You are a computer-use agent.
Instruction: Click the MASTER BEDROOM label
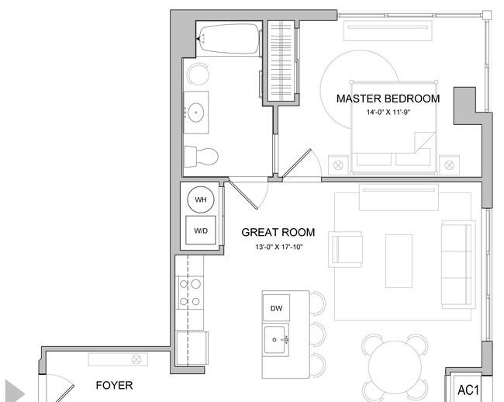[388, 99]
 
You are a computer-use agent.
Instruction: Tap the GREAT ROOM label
[278, 232]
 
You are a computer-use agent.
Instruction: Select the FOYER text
[115, 385]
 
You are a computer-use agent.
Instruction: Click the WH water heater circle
[201, 199]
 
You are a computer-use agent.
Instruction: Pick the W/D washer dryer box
[201, 230]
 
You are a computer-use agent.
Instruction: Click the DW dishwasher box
[276, 308]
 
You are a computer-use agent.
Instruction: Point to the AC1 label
[468, 390]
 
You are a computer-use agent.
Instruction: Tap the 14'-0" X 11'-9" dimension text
[388, 113]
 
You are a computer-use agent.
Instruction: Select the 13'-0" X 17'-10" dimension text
[279, 247]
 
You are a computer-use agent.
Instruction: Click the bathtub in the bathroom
[229, 39]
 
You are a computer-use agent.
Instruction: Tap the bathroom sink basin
[195, 113]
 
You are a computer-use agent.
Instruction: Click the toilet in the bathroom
[201, 157]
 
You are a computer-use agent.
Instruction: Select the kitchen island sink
[274, 339]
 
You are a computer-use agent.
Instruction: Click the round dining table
[395, 367]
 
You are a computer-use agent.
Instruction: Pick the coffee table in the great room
[399, 261]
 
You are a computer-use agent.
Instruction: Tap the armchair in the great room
[346, 249]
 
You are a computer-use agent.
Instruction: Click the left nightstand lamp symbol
[338, 165]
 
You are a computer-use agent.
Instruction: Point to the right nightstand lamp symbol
[449, 165]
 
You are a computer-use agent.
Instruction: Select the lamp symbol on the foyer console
[136, 359]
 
